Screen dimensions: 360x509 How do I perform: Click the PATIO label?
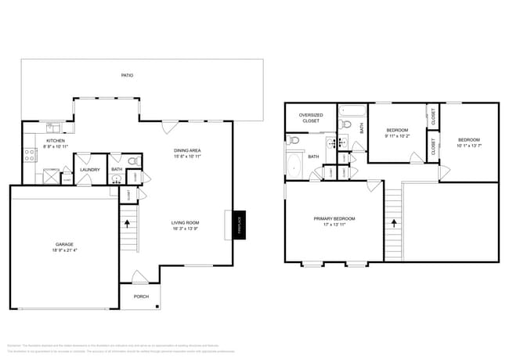click(127, 76)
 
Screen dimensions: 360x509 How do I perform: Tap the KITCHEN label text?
click(34, 141)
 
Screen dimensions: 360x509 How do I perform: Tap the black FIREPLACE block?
click(240, 225)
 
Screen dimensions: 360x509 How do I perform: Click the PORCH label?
click(141, 297)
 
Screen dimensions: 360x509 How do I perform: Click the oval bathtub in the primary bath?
click(294, 164)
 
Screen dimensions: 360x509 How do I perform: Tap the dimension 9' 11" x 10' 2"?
click(397, 136)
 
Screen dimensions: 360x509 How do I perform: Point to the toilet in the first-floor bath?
click(132, 161)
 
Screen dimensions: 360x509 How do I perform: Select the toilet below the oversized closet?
click(293, 141)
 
